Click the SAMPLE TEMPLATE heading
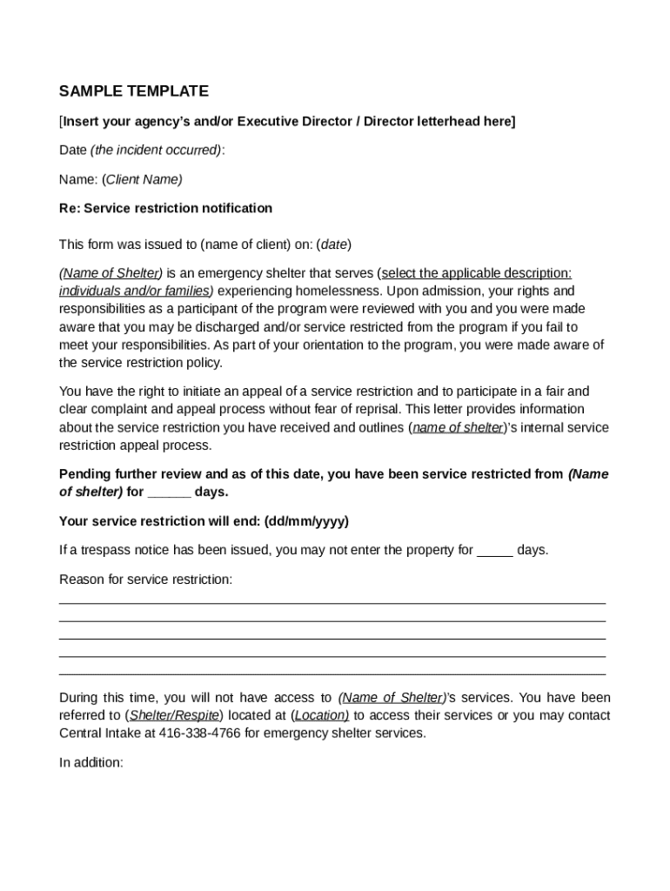[x=133, y=91]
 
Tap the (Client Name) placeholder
[x=142, y=179]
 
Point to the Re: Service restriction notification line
[x=165, y=208]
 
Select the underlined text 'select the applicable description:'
[x=476, y=273]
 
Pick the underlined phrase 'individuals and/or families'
[x=136, y=291]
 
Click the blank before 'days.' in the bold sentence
[x=169, y=492]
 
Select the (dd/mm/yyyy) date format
[x=305, y=521]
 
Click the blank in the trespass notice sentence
[x=495, y=551]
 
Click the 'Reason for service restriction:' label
[x=145, y=579]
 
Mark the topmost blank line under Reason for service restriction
[x=332, y=602]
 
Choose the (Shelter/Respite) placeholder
[x=174, y=715]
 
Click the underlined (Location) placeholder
[x=320, y=715]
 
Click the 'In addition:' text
[x=91, y=762]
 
